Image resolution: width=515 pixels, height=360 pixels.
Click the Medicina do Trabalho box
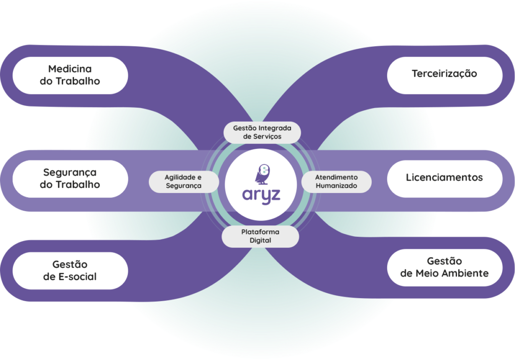[x=70, y=75]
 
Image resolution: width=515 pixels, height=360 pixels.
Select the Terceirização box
[x=445, y=75]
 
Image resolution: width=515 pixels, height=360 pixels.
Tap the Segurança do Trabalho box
[x=70, y=178]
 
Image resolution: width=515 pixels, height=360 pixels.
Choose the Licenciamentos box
[x=445, y=178]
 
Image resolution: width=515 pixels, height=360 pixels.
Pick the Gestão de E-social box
[x=70, y=271]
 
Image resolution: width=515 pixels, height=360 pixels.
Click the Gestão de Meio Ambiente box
[x=445, y=267]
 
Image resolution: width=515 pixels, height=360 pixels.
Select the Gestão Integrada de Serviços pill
[x=262, y=132]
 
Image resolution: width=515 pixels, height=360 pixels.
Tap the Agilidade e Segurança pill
[x=184, y=182]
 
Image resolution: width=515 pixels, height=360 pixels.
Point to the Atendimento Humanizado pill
[x=336, y=182]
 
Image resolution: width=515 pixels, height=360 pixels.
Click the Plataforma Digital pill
[x=260, y=236]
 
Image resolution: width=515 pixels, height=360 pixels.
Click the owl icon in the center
[x=263, y=174]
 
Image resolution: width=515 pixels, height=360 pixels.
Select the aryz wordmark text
[x=262, y=196]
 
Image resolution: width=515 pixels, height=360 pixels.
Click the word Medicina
[x=70, y=69]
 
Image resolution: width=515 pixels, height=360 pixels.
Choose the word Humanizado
[x=336, y=186]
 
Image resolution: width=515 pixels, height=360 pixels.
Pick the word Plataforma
[x=260, y=232]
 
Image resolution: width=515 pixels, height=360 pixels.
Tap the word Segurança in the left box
[x=70, y=173]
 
